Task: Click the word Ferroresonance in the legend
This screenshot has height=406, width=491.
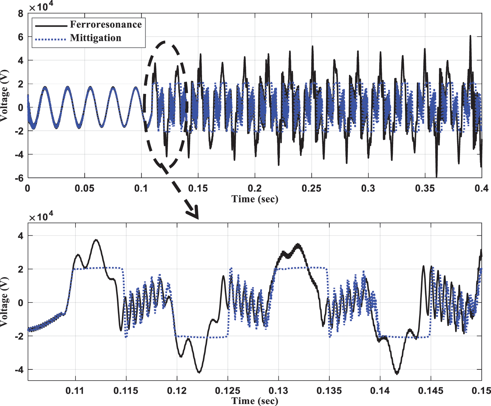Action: coord(106,25)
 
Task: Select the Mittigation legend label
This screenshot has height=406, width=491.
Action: coord(96,38)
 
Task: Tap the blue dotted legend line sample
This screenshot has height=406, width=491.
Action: coord(51,39)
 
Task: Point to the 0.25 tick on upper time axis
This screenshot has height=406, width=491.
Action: coord(311,188)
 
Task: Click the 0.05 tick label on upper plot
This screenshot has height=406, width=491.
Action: coord(84,188)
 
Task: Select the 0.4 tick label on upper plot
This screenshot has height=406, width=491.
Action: coord(481,188)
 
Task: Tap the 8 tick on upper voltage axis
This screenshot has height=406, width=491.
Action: coord(21,14)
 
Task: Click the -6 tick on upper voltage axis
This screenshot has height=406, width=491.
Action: coord(19,178)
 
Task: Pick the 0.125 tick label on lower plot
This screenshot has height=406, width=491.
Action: coord(227,391)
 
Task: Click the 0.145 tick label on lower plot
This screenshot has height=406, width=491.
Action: coord(431,391)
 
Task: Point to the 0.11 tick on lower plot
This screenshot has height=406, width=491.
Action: coord(75,391)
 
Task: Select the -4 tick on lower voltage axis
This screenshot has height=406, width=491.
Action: coord(19,370)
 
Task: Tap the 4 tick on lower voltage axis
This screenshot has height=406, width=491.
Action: coord(21,236)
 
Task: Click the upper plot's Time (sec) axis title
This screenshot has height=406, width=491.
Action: coord(255,199)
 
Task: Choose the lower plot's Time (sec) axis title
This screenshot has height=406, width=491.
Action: coord(255,401)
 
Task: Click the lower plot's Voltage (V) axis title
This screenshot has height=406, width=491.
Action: coord(4,302)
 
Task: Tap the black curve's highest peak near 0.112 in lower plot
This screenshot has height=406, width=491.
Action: coord(96,240)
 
